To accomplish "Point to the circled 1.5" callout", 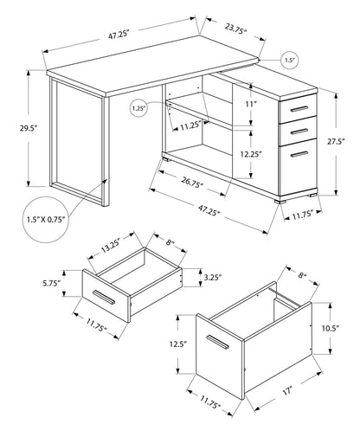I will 292,61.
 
